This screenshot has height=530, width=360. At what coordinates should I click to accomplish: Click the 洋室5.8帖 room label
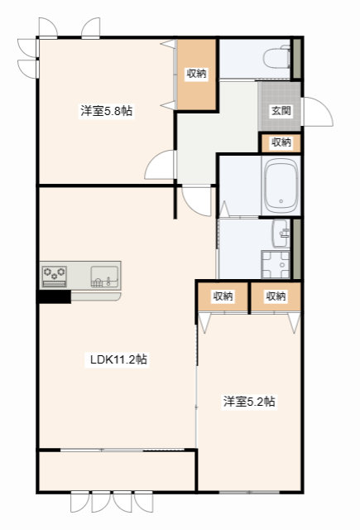click(106, 111)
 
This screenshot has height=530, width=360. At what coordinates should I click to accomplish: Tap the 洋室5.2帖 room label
click(248, 402)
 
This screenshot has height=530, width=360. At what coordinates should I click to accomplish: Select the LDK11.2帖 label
click(118, 359)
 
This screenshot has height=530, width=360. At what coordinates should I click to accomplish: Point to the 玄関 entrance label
click(279, 110)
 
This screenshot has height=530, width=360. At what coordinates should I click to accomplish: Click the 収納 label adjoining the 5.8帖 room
click(196, 74)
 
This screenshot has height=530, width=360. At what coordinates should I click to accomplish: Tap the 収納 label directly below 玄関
click(281, 142)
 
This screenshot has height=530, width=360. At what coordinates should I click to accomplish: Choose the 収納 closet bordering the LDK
click(222, 296)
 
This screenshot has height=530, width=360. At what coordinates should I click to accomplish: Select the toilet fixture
click(274, 59)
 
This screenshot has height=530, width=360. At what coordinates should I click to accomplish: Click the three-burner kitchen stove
click(55, 273)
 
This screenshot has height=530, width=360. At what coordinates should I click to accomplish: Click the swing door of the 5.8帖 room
click(159, 167)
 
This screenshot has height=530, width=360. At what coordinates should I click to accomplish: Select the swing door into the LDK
click(197, 200)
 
